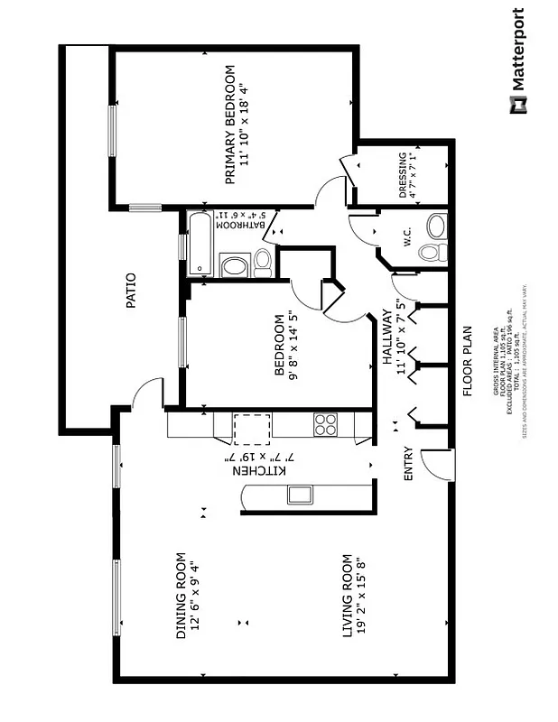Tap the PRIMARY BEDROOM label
pyautogui.click(x=230, y=125)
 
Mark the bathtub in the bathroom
pyautogui.click(x=200, y=242)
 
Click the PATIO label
pyautogui.click(x=132, y=292)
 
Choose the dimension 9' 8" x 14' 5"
pyautogui.click(x=292, y=344)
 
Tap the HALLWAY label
pyautogui.click(x=387, y=338)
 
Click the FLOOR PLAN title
pyautogui.click(x=468, y=361)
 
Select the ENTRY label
pyautogui.click(x=408, y=463)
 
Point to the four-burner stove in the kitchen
pyautogui.click(x=325, y=424)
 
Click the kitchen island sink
pyautogui.click(x=299, y=494)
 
